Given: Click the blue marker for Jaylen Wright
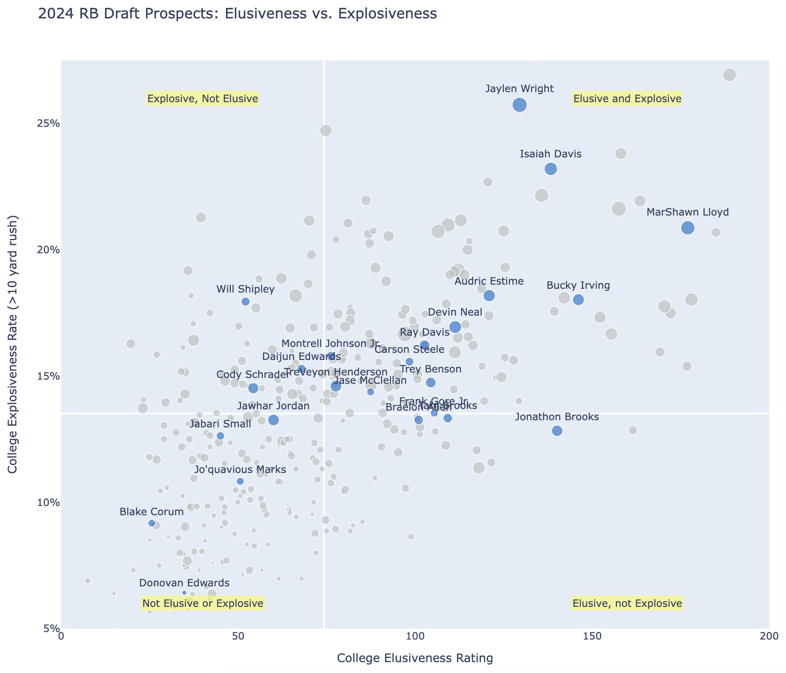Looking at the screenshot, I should [519, 105].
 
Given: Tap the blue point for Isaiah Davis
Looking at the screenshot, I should [551, 169].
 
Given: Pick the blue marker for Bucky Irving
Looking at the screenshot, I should [578, 300].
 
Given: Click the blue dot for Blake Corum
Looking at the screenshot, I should [152, 523].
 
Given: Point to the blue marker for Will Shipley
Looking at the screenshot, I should [246, 301].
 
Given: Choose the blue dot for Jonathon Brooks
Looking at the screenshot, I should [557, 431].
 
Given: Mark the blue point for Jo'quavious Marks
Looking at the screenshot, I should [240, 481].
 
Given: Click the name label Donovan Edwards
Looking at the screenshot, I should [184, 583].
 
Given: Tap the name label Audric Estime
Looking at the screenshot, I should [489, 281].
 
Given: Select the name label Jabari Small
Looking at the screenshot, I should [220, 424].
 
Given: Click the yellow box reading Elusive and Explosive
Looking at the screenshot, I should [627, 99].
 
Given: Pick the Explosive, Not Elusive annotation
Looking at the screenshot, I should [203, 99].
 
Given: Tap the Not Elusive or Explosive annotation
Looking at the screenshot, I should [203, 603].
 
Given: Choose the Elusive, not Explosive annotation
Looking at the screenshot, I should [627, 603].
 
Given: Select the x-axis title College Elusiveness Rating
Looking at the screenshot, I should [415, 658].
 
